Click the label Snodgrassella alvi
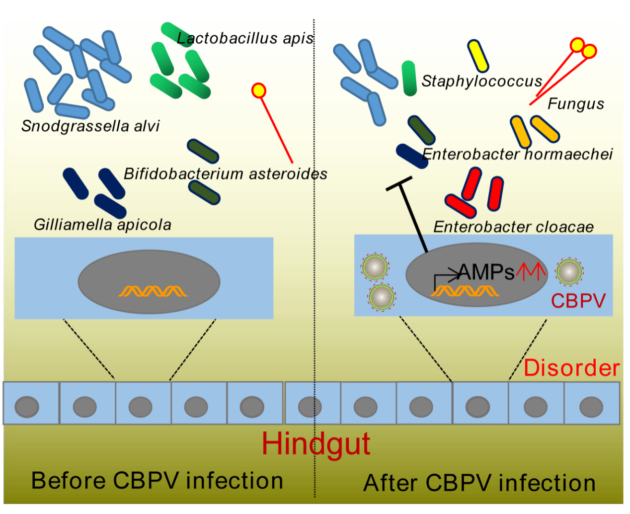coord(90,126)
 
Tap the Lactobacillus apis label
coord(245,38)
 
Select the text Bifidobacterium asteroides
coord(226,174)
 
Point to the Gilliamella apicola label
coord(102,225)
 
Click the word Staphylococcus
coord(481,81)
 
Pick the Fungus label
coord(576,104)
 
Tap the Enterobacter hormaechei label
coord(517,154)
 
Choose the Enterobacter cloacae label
coord(513,227)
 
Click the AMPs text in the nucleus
coord(486,272)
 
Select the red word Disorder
coord(571,368)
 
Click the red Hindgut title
coord(316,443)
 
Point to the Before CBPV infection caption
coord(157,481)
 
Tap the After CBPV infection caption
coord(479,483)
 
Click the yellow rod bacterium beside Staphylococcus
coord(478,55)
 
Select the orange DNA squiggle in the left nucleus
coord(153,291)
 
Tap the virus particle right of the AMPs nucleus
coord(569,271)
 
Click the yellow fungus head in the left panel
coord(259,90)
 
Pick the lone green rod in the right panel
coord(409,78)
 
